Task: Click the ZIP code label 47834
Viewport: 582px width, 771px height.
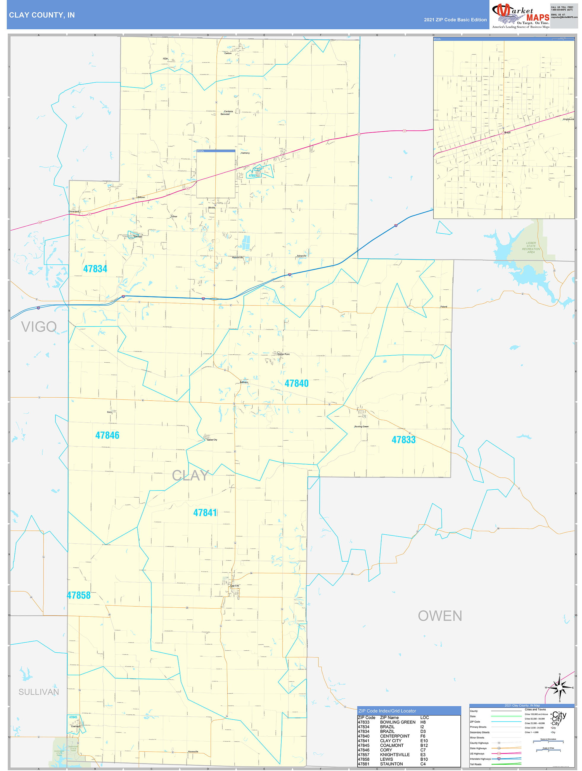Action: (95, 269)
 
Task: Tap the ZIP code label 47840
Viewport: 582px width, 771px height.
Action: (296, 383)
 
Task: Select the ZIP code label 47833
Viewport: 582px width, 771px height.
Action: (404, 440)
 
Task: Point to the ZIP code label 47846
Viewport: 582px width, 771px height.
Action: (107, 435)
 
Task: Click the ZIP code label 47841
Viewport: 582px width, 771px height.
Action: (205, 513)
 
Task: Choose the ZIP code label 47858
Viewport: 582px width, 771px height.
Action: (79, 595)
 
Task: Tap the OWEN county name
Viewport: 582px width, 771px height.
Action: (440, 616)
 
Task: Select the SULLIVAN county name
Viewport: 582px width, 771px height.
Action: (38, 692)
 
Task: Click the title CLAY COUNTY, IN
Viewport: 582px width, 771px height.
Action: (42, 15)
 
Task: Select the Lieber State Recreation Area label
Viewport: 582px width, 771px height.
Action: (531, 248)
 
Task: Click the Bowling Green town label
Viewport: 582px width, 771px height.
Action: (361, 427)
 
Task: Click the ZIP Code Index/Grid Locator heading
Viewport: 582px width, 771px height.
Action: (387, 711)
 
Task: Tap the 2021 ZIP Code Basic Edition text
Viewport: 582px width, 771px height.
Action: (455, 20)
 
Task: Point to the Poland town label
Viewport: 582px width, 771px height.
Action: (444, 307)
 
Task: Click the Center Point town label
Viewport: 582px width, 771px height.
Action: (283, 354)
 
